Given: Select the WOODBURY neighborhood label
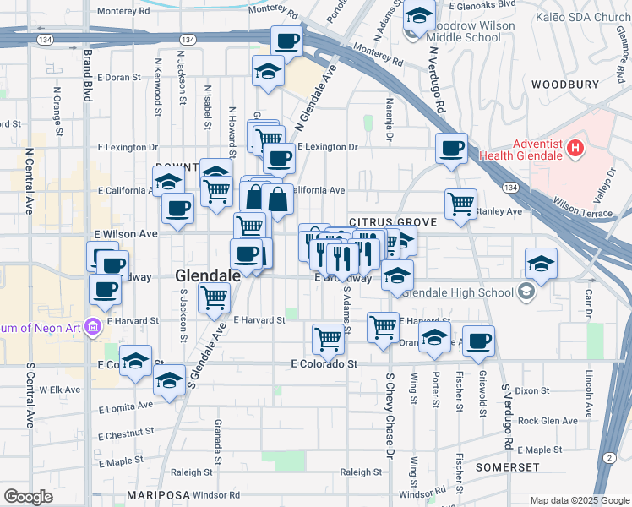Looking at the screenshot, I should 565,84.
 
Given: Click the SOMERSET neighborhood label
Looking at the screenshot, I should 507,466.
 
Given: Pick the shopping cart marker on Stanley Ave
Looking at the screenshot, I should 460,203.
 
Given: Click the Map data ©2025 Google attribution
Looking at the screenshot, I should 579,500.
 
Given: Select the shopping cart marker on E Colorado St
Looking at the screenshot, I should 328,339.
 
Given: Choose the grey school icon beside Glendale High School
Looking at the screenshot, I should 527,293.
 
